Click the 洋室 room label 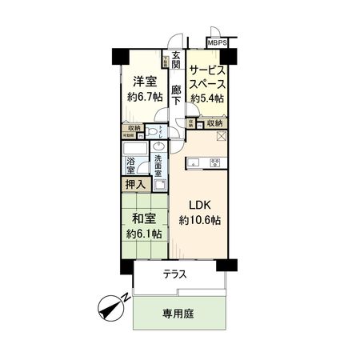(x=144, y=80)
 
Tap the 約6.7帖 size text (x=144, y=97)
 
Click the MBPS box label (x=217, y=42)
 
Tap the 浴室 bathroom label (x=130, y=165)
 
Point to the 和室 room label (x=144, y=217)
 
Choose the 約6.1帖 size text (x=144, y=234)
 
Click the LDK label (x=198, y=203)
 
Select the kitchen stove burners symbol (x=215, y=163)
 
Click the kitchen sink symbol (x=193, y=162)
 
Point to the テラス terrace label (x=175, y=274)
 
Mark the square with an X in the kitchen (x=222, y=138)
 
